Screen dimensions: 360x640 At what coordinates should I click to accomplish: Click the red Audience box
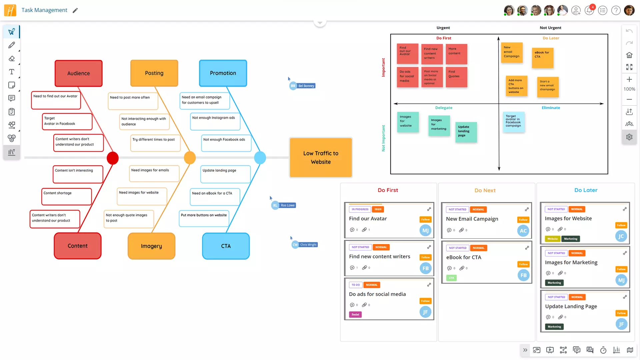[78, 73]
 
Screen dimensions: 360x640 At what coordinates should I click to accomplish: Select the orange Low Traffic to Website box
[321, 158]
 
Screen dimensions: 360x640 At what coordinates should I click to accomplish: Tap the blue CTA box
[226, 246]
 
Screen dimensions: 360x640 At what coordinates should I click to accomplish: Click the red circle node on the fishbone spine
[113, 158]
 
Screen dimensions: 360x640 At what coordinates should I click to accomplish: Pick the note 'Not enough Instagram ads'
[215, 122]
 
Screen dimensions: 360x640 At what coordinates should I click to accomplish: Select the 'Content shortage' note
[66, 197]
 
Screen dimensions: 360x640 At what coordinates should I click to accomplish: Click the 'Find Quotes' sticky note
[456, 77]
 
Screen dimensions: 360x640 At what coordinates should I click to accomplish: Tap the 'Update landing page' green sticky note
[466, 132]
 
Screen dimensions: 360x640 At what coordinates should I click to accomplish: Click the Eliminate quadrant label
[551, 108]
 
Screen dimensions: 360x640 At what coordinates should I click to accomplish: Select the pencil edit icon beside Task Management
[75, 10]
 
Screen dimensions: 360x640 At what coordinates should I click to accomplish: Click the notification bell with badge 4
[589, 10]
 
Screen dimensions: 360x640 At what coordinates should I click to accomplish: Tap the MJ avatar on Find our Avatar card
[425, 230]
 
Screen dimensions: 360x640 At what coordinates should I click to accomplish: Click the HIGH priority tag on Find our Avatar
[378, 209]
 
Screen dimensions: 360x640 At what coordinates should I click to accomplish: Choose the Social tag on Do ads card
[355, 314]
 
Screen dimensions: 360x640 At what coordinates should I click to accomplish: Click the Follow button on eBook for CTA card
[523, 264]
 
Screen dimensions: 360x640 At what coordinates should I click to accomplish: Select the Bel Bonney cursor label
[306, 86]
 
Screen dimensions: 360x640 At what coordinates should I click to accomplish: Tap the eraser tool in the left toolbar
[12, 59]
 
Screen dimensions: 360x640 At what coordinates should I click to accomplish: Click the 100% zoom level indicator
[629, 89]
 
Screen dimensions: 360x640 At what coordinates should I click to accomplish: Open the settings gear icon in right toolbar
[629, 137]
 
